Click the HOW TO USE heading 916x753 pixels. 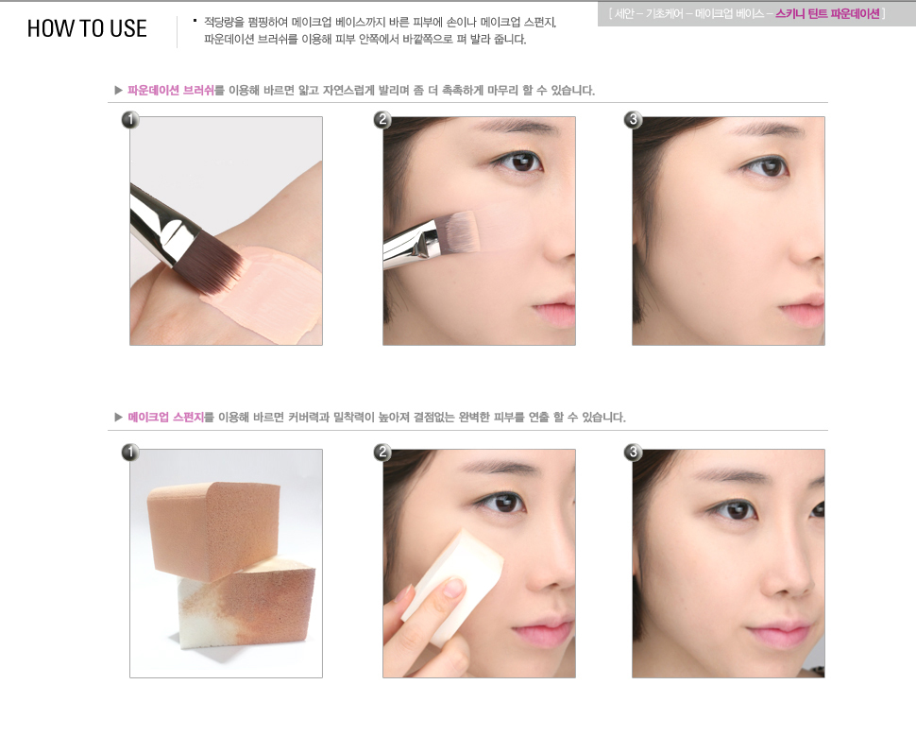coord(87,28)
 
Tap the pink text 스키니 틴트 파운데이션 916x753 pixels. coord(827,13)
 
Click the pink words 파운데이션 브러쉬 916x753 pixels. coord(171,90)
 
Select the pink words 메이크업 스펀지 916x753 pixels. coord(166,417)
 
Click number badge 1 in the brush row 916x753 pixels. coord(129,120)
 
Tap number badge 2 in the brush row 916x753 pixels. coord(382,120)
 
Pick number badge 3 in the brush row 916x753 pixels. coord(633,120)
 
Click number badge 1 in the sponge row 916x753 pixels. coord(129,453)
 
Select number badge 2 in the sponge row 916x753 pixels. coord(382,453)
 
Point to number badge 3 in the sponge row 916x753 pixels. coord(633,453)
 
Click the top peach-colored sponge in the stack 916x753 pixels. coord(213,528)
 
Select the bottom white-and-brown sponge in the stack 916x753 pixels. coord(246,604)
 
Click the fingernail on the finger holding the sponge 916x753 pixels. coord(454,587)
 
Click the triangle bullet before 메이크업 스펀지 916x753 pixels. coord(119,417)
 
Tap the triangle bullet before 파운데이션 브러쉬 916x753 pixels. coord(119,90)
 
